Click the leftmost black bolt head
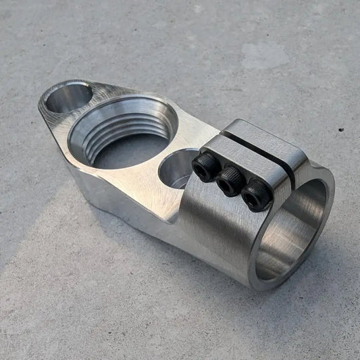[205, 164]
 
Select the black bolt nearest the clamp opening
[257, 195]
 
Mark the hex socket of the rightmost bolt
[258, 194]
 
